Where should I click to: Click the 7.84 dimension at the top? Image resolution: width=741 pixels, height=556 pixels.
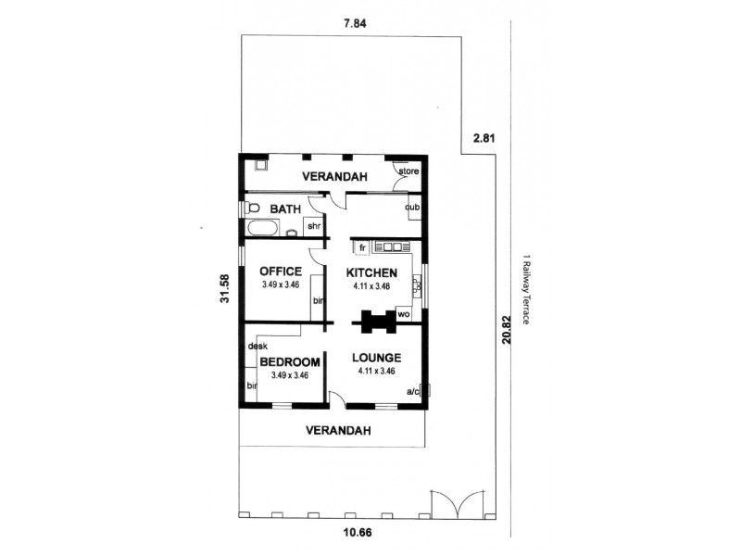pyautogui.click(x=354, y=24)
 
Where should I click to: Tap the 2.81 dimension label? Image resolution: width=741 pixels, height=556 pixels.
pyautogui.click(x=484, y=138)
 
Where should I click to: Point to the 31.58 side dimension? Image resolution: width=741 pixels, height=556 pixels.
pyautogui.click(x=225, y=288)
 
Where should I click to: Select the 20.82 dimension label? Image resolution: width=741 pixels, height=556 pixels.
pyautogui.click(x=506, y=330)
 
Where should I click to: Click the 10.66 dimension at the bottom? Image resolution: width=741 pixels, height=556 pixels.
pyautogui.click(x=357, y=533)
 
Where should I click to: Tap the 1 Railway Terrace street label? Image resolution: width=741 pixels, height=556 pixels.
pyautogui.click(x=525, y=289)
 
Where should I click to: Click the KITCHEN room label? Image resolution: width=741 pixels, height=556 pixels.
pyautogui.click(x=371, y=272)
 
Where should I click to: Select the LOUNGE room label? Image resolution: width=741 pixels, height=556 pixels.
pyautogui.click(x=377, y=358)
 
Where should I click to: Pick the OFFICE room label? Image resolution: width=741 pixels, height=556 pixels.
pyautogui.click(x=281, y=272)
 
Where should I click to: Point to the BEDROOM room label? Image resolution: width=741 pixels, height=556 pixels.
pyautogui.click(x=290, y=362)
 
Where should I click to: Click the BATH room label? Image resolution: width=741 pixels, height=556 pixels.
pyautogui.click(x=285, y=209)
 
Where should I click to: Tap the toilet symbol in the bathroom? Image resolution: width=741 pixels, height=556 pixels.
pyautogui.click(x=252, y=208)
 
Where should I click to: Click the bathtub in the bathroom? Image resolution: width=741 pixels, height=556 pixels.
pyautogui.click(x=262, y=228)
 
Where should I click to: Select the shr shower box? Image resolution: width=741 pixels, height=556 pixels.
pyautogui.click(x=314, y=226)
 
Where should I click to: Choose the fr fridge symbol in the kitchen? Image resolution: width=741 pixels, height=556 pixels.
pyautogui.click(x=362, y=247)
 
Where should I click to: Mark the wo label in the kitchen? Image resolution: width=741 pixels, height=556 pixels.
pyautogui.click(x=404, y=314)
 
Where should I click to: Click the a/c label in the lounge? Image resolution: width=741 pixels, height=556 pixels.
pyautogui.click(x=412, y=391)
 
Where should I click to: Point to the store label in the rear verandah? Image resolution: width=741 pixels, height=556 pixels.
pyautogui.click(x=408, y=171)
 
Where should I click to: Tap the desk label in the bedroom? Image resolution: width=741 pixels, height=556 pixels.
pyautogui.click(x=257, y=346)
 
